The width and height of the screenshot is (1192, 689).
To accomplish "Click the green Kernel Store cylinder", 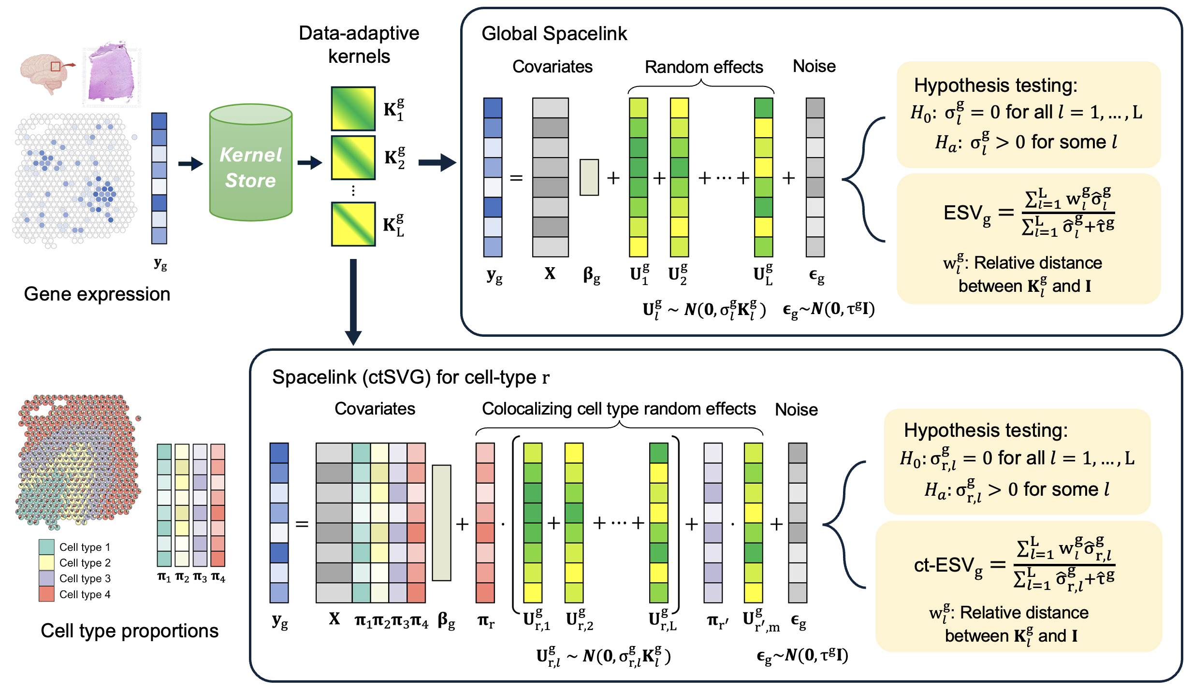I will tap(250, 164).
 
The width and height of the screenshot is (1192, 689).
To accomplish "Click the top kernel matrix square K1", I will tap(353, 109).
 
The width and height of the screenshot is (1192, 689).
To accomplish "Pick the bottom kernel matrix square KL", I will tap(353, 224).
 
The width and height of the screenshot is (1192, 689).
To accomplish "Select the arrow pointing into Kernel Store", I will tap(190, 164).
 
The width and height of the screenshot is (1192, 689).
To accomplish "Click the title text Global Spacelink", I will tap(554, 34).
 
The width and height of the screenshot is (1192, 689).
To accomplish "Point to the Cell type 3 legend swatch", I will tap(46, 578).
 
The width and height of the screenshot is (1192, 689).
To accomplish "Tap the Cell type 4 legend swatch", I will tap(46, 594).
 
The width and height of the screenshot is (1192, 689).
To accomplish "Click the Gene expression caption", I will tap(97, 294).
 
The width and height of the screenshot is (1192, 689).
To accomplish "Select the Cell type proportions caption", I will tap(129, 631).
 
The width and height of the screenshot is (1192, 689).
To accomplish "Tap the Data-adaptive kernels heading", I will tap(359, 44).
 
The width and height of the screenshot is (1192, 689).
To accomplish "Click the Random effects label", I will tap(703, 67).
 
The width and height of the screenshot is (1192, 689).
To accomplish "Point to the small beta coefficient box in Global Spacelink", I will tap(589, 177).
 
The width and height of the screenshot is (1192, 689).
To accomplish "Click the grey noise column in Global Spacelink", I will tap(815, 177).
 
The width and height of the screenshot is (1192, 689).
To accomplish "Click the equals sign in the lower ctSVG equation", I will tap(302, 524).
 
